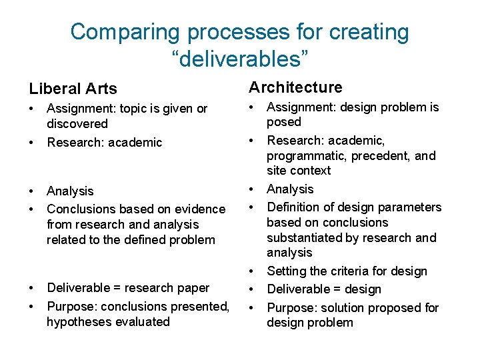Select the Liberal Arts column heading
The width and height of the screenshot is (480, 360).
[73, 89]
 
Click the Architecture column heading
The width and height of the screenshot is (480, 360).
[295, 87]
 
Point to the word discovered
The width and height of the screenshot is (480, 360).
[77, 123]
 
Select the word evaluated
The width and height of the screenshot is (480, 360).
[142, 322]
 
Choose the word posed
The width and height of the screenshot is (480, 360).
[284, 122]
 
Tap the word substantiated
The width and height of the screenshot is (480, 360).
[304, 238]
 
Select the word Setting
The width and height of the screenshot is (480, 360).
[286, 271]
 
